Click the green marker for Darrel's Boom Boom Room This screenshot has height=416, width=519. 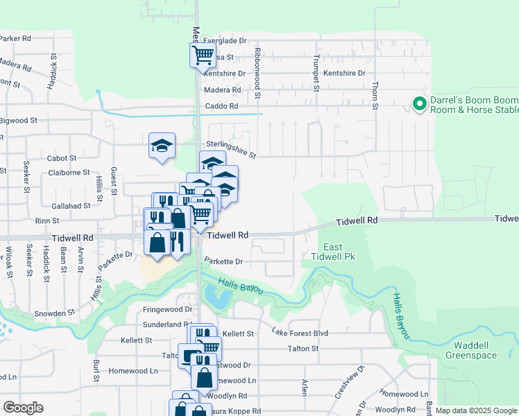pos(419,105)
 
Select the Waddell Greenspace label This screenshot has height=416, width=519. pos(475,350)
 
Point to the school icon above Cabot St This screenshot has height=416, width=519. pos(161,146)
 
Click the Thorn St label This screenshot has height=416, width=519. pos(375,95)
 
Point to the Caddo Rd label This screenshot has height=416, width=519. pos(222,106)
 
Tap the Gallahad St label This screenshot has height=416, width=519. pos(71,205)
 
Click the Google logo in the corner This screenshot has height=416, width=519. pos(24,408)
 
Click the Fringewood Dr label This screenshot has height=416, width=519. pos(167,309)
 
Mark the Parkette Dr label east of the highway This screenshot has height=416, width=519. pos(223,262)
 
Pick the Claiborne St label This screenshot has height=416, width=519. pos(67,172)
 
